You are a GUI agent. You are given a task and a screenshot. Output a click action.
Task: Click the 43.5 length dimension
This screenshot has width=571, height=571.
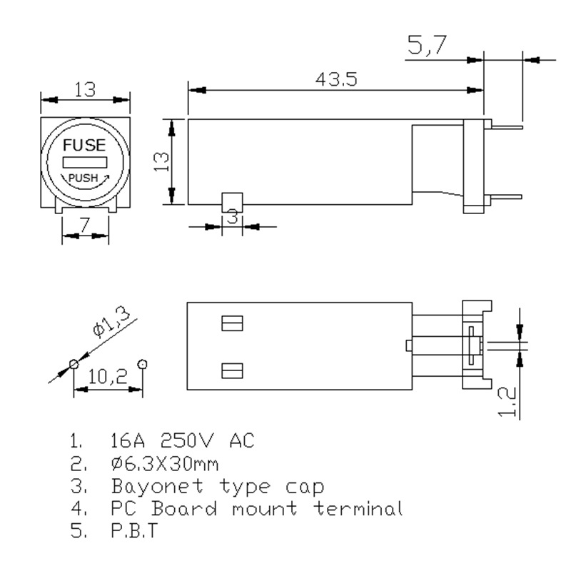[x=336, y=79]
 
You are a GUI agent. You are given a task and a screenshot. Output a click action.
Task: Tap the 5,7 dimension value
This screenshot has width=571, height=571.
[x=427, y=45]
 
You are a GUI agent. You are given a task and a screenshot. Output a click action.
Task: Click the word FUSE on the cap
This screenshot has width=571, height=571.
[x=84, y=145]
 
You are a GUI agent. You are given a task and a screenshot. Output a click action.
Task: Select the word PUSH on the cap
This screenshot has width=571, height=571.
[x=84, y=178]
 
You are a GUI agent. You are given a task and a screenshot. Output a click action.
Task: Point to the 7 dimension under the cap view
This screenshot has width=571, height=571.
[x=84, y=225]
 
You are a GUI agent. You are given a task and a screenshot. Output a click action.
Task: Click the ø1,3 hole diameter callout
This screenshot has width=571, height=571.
[x=111, y=322]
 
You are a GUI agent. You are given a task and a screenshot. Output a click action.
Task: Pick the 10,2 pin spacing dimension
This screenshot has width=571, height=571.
[x=108, y=377]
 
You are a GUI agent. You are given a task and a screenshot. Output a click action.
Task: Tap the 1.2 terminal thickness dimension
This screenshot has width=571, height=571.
[x=507, y=402]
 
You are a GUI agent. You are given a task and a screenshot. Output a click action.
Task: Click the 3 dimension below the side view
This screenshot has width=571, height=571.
[x=233, y=217]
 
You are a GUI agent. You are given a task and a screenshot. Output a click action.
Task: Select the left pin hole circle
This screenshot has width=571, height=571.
[x=74, y=364]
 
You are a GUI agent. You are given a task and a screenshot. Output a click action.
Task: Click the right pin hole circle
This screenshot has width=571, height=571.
[x=142, y=364]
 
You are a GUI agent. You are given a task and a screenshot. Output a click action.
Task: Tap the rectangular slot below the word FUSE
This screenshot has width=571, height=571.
[x=85, y=162]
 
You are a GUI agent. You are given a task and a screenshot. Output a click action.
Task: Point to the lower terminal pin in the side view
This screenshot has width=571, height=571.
[x=506, y=197]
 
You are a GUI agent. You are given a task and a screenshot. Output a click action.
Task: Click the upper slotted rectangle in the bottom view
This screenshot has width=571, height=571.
[x=233, y=323]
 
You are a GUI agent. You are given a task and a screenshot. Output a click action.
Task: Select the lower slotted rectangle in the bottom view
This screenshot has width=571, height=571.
[x=233, y=370]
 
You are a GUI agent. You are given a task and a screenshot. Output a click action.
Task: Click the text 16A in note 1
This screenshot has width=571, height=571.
[x=128, y=440]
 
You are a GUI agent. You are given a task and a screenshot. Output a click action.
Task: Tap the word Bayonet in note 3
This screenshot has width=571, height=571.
[x=157, y=487]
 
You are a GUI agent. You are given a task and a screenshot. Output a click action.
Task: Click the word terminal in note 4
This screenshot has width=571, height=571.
[x=358, y=508]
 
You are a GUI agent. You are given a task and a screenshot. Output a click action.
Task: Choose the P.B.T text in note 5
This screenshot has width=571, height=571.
[x=134, y=530]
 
